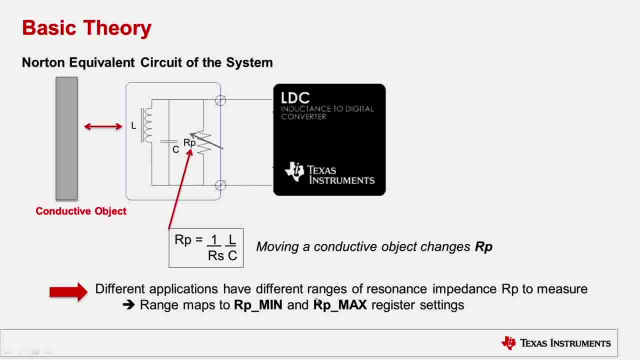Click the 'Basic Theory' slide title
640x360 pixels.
(86, 28)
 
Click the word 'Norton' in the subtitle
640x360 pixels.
(43, 62)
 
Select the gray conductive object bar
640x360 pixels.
(66, 138)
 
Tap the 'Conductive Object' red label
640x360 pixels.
(81, 211)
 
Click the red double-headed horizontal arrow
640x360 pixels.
(103, 126)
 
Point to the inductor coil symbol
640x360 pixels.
(146, 125)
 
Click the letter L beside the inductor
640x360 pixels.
(133, 125)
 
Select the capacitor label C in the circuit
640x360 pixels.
(175, 149)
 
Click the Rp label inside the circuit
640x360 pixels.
(189, 142)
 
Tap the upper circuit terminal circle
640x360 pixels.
(220, 100)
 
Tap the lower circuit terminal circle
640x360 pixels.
(220, 185)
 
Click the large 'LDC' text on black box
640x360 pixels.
(295, 97)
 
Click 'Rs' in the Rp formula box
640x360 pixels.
(215, 255)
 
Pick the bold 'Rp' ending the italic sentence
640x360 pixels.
(483, 247)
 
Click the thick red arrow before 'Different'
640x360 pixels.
(68, 291)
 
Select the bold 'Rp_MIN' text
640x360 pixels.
(258, 305)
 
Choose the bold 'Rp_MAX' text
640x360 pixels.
(340, 305)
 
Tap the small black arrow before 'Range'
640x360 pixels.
(128, 305)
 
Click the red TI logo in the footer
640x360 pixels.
(509, 343)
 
